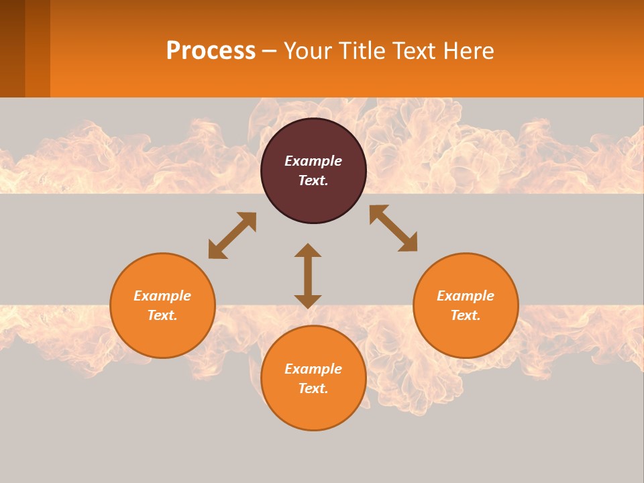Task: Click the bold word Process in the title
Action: (x=211, y=51)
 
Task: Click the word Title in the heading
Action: (x=362, y=51)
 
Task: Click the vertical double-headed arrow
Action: (x=308, y=276)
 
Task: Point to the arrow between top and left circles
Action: (x=232, y=235)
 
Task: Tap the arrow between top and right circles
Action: (x=393, y=228)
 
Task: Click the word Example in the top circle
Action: (x=313, y=161)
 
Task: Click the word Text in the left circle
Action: (x=162, y=315)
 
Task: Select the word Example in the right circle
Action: (x=466, y=296)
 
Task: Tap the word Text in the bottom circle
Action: (x=313, y=388)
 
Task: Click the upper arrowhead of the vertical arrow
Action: (x=308, y=250)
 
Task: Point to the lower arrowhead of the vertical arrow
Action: (x=308, y=301)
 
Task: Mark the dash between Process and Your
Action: (x=270, y=52)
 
